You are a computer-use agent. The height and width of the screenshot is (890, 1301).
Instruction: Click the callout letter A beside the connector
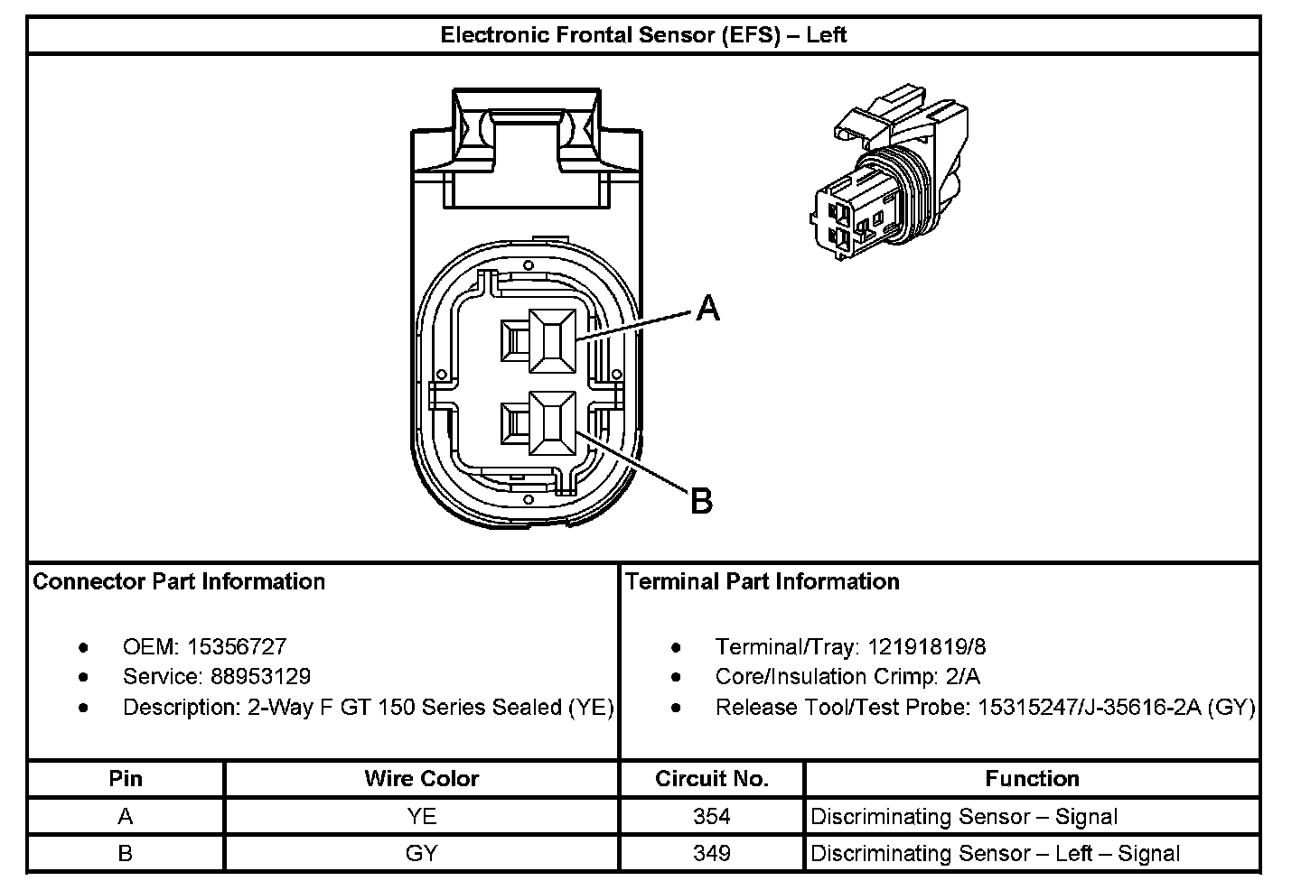[708, 310]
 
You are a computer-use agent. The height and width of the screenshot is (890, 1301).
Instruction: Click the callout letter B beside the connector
[702, 501]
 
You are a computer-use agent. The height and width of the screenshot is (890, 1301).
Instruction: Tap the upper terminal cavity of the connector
[551, 340]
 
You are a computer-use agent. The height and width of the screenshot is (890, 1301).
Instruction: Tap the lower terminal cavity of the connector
[551, 422]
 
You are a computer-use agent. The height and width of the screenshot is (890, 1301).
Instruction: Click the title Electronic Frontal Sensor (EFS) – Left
[643, 35]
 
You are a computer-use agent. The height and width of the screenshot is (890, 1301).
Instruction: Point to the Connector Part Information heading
[179, 581]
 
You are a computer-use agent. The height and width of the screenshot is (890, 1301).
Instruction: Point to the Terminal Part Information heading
[763, 581]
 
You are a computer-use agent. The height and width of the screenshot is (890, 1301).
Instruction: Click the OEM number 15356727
[237, 646]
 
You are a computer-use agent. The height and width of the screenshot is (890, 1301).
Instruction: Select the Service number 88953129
[260, 677]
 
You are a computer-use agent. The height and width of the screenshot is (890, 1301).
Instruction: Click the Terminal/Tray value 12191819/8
[927, 646]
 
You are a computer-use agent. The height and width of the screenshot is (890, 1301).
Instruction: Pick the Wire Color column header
[422, 779]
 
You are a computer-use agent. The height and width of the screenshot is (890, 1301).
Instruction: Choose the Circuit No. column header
[712, 779]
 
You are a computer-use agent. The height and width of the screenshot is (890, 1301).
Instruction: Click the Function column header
[1032, 779]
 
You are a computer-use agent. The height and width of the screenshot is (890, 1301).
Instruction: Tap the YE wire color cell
[422, 817]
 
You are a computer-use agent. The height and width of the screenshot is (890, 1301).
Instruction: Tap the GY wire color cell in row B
[422, 853]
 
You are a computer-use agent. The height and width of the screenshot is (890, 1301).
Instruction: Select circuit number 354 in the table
[712, 817]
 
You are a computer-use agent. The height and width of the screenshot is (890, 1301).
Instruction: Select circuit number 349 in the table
[712, 853]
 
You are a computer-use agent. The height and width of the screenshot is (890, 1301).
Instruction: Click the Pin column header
[126, 779]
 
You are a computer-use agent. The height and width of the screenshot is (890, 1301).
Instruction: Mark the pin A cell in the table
[126, 817]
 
